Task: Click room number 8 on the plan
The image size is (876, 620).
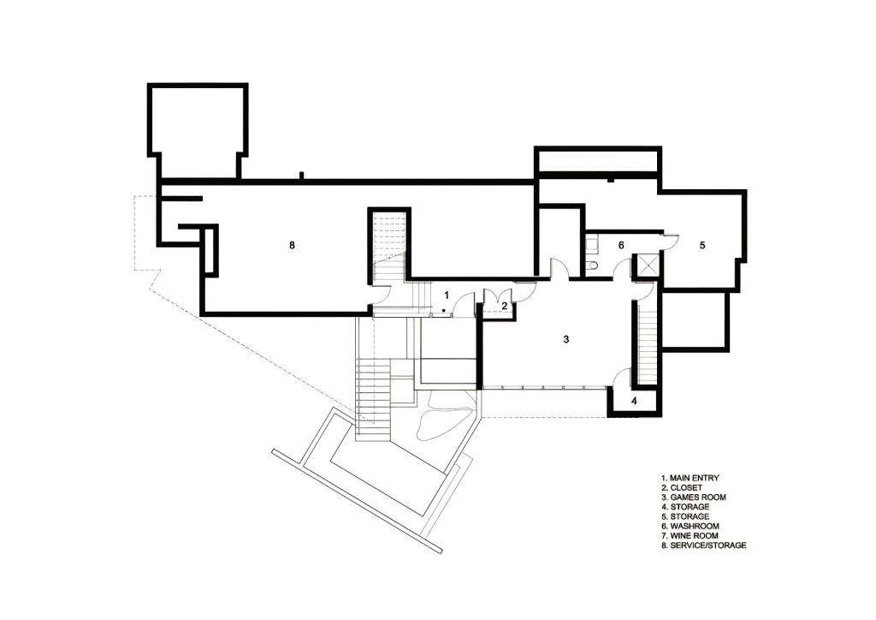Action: pyautogui.click(x=292, y=245)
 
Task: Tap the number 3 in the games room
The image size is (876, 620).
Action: pyautogui.click(x=566, y=339)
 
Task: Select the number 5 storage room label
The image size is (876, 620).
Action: pyautogui.click(x=702, y=245)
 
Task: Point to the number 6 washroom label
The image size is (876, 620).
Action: pyautogui.click(x=621, y=245)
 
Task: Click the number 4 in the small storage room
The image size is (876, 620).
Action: pyautogui.click(x=634, y=401)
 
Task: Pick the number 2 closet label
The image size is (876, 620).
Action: pyautogui.click(x=504, y=306)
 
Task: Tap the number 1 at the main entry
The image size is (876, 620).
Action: pyautogui.click(x=447, y=295)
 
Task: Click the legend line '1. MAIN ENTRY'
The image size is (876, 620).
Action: pyautogui.click(x=690, y=478)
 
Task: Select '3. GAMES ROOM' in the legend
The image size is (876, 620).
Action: pyautogui.click(x=693, y=497)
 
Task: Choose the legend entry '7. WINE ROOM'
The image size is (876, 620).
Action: pyautogui.click(x=690, y=535)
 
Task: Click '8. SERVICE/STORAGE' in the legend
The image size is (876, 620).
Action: pyautogui.click(x=703, y=545)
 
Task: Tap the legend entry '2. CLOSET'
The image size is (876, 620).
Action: pyautogui.click(x=682, y=487)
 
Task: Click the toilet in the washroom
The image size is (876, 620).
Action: pyautogui.click(x=593, y=265)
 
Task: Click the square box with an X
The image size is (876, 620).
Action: pyautogui.click(x=648, y=265)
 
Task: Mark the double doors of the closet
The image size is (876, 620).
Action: pyautogui.click(x=498, y=297)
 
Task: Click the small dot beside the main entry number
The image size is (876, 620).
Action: pyautogui.click(x=443, y=310)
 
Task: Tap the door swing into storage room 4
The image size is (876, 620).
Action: pyautogui.click(x=622, y=378)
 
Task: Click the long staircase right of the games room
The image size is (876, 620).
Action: pyautogui.click(x=647, y=342)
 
